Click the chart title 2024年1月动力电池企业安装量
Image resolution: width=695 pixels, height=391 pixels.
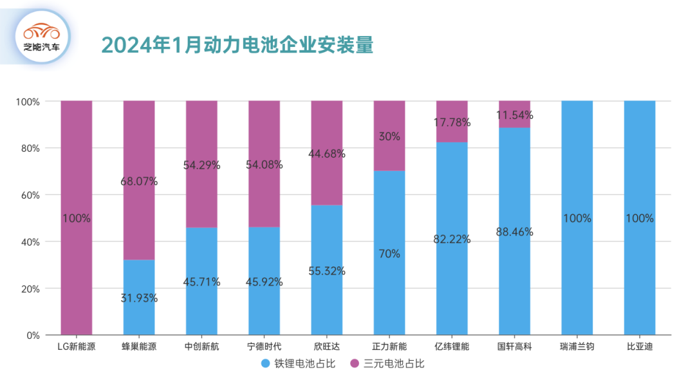click(237, 44)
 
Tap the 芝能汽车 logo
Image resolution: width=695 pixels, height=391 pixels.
click(42, 37)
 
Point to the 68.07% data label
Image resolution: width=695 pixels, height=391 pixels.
click(139, 181)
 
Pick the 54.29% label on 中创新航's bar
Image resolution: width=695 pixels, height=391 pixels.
click(201, 165)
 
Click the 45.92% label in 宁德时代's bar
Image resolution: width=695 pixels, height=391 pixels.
click(264, 282)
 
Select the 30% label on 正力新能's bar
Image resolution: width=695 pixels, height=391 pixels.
click(389, 136)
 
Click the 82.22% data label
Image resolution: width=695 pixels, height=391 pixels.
click(452, 239)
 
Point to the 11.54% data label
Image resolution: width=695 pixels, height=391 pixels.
click(514, 116)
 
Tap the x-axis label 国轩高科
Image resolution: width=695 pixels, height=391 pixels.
click(514, 347)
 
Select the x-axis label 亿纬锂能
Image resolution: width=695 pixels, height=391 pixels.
click(452, 347)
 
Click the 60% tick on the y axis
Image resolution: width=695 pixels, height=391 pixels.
click(28, 195)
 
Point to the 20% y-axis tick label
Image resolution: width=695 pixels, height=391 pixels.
click(28, 289)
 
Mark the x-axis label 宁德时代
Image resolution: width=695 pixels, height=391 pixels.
click(264, 347)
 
